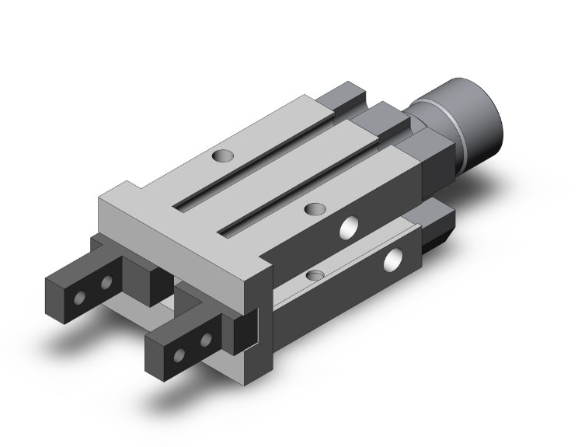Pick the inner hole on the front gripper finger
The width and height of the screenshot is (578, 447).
[x=206, y=340]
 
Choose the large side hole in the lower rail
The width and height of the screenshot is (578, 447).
[x=398, y=260]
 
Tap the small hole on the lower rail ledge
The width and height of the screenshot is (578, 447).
[x=315, y=275]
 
